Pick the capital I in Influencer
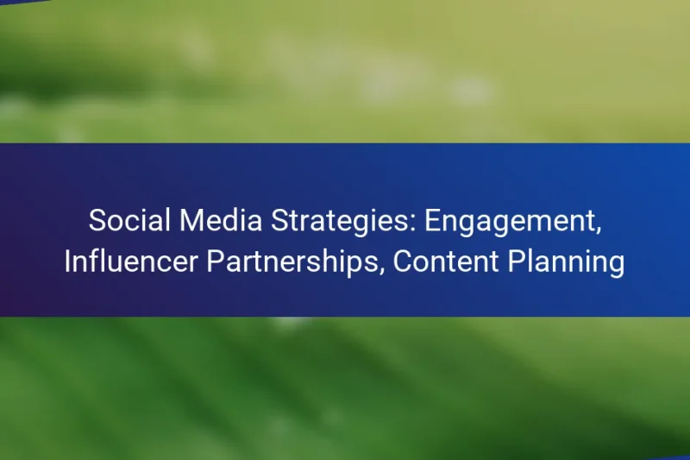pyautogui.click(x=68, y=262)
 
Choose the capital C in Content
pyautogui.click(x=403, y=262)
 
